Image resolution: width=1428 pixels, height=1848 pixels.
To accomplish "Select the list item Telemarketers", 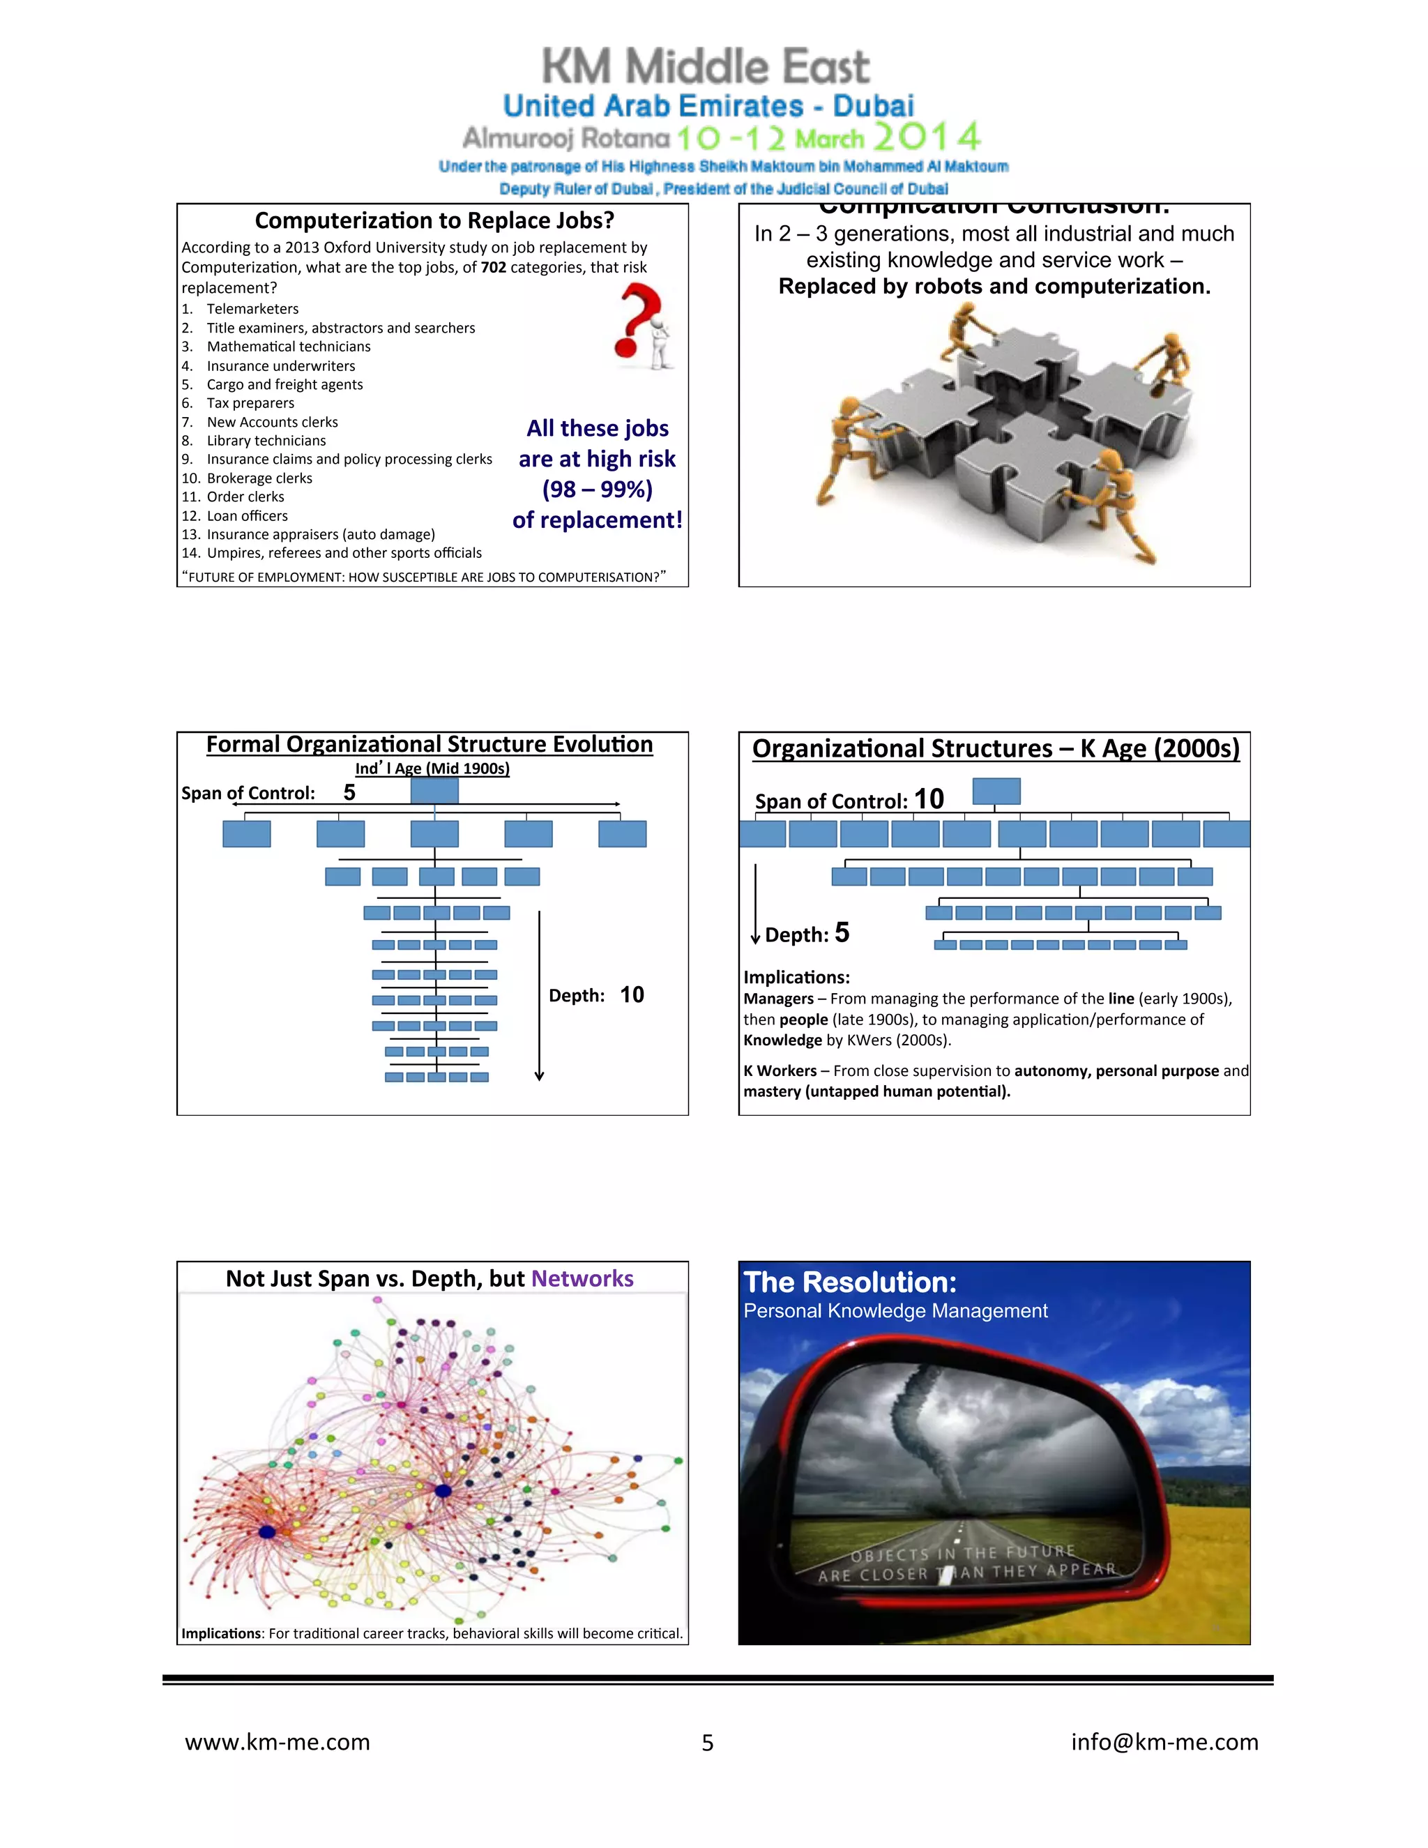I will (x=252, y=309).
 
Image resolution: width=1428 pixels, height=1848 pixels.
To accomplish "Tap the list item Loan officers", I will (x=247, y=515).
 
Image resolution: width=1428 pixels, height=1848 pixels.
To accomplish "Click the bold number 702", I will (x=493, y=267).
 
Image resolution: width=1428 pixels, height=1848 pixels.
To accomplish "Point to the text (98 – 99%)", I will (x=598, y=489).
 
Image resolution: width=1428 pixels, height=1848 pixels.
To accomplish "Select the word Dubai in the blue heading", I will (x=873, y=106).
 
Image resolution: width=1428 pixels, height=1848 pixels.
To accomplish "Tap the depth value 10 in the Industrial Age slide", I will (x=632, y=994).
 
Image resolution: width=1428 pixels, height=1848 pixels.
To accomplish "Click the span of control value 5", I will (x=349, y=792).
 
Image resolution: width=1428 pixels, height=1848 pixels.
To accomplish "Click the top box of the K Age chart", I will (x=996, y=792).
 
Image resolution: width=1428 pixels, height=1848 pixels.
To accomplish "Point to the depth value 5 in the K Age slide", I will (x=842, y=932).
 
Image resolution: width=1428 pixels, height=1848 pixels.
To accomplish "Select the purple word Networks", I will (x=582, y=1278).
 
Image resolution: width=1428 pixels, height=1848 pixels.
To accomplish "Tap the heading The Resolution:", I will (x=849, y=1282).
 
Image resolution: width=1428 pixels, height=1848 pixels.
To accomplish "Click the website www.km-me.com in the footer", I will (x=278, y=1741).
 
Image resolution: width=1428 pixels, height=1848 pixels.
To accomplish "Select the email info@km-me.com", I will (x=1164, y=1741).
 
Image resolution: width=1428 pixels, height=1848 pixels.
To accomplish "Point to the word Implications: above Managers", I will (x=796, y=977).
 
